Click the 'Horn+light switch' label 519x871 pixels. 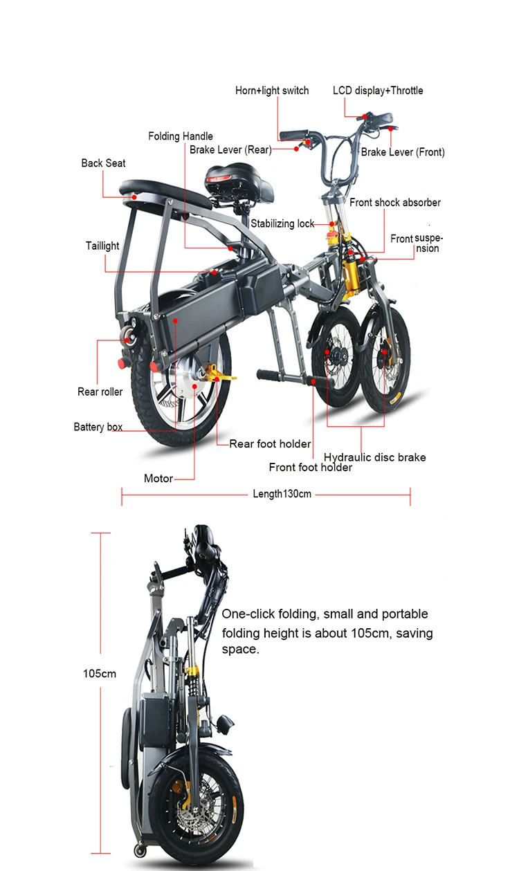pyautogui.click(x=272, y=91)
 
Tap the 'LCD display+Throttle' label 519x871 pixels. pyautogui.click(x=378, y=91)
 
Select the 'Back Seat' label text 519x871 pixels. pyautogui.click(x=103, y=163)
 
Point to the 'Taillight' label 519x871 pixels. pyautogui.click(x=102, y=246)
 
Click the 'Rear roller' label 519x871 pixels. pyautogui.click(x=100, y=392)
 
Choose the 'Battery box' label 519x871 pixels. pyautogui.click(x=98, y=427)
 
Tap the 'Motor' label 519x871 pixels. pyautogui.click(x=158, y=478)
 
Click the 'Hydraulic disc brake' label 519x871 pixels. pyautogui.click(x=375, y=457)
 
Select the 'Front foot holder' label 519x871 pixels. pyautogui.click(x=311, y=468)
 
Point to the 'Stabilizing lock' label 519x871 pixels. pyautogui.click(x=282, y=223)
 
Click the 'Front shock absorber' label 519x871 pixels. pyautogui.click(x=395, y=203)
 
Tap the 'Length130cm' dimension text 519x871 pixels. pyautogui.click(x=282, y=494)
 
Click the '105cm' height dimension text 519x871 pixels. pyautogui.click(x=100, y=673)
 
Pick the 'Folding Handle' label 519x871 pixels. pyautogui.click(x=181, y=136)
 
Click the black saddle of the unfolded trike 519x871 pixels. pyautogui.click(x=229, y=174)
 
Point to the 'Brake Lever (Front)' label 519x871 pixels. pyautogui.click(x=403, y=152)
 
